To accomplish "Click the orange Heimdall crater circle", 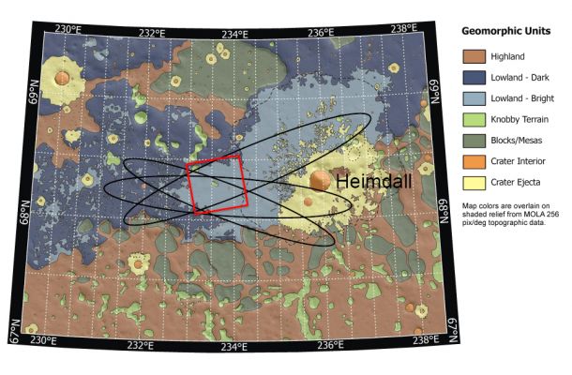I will point(321,181).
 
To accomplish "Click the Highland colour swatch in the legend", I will point(477,58).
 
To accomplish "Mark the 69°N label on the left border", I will point(32,92).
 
